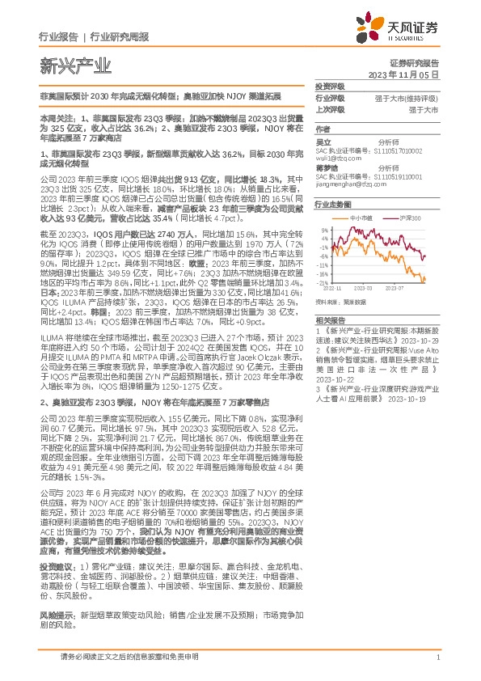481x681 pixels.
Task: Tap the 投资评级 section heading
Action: (330, 86)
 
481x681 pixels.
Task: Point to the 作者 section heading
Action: (323, 129)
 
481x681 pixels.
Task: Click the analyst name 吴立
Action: (323, 142)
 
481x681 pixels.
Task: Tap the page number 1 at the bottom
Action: (437, 658)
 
